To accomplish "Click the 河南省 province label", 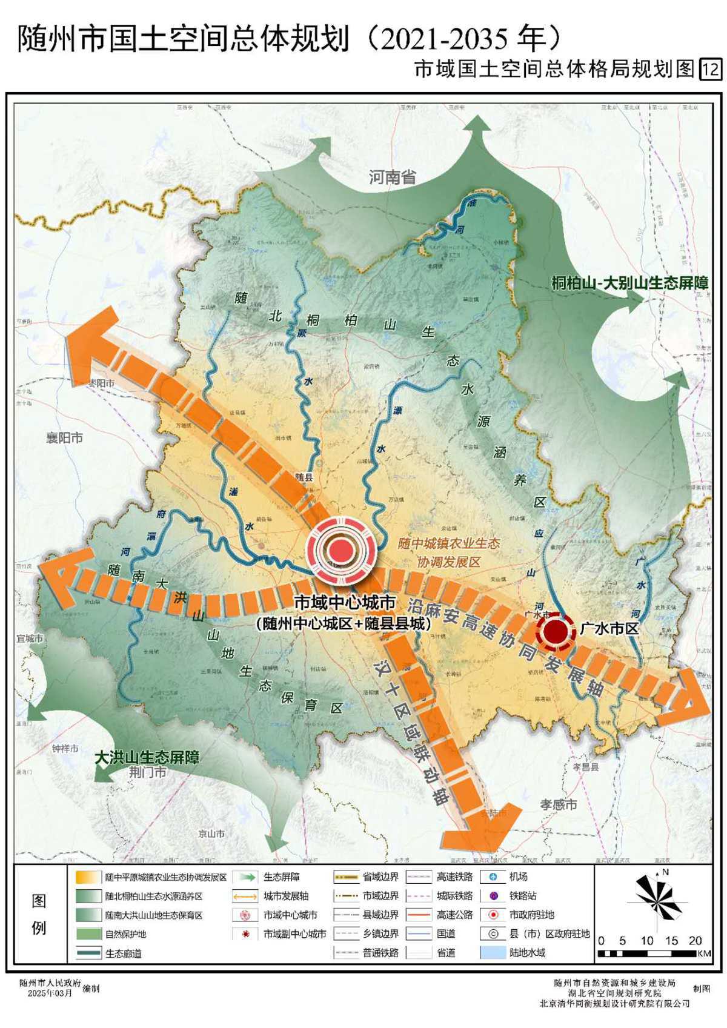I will (393, 177).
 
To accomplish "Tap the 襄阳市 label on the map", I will (64, 438).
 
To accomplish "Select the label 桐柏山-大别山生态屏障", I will (630, 283).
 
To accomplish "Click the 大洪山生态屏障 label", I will (147, 757).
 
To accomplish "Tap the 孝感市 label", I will (559, 804).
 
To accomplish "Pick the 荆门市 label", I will (148, 773).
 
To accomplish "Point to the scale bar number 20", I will (695, 941).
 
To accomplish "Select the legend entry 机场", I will (518, 877).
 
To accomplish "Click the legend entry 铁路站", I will (522, 896).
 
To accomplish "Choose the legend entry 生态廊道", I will (123, 953).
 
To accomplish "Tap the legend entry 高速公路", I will (454, 915).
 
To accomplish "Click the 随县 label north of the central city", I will (304, 477).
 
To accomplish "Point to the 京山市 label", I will (211, 834).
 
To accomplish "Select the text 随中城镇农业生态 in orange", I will (448, 543).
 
